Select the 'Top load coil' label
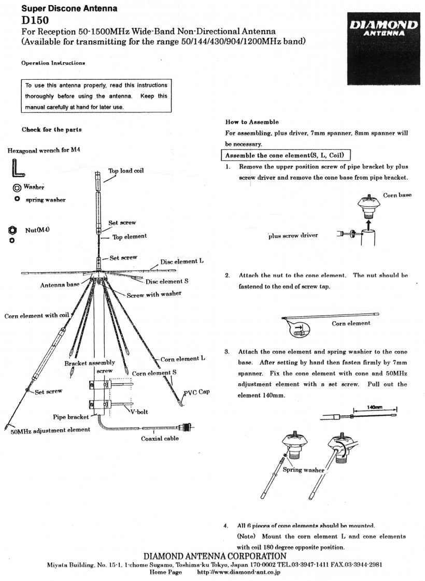tap(126, 170)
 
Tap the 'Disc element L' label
tap(181, 262)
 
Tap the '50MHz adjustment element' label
tap(50, 429)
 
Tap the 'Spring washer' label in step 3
tap(305, 470)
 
